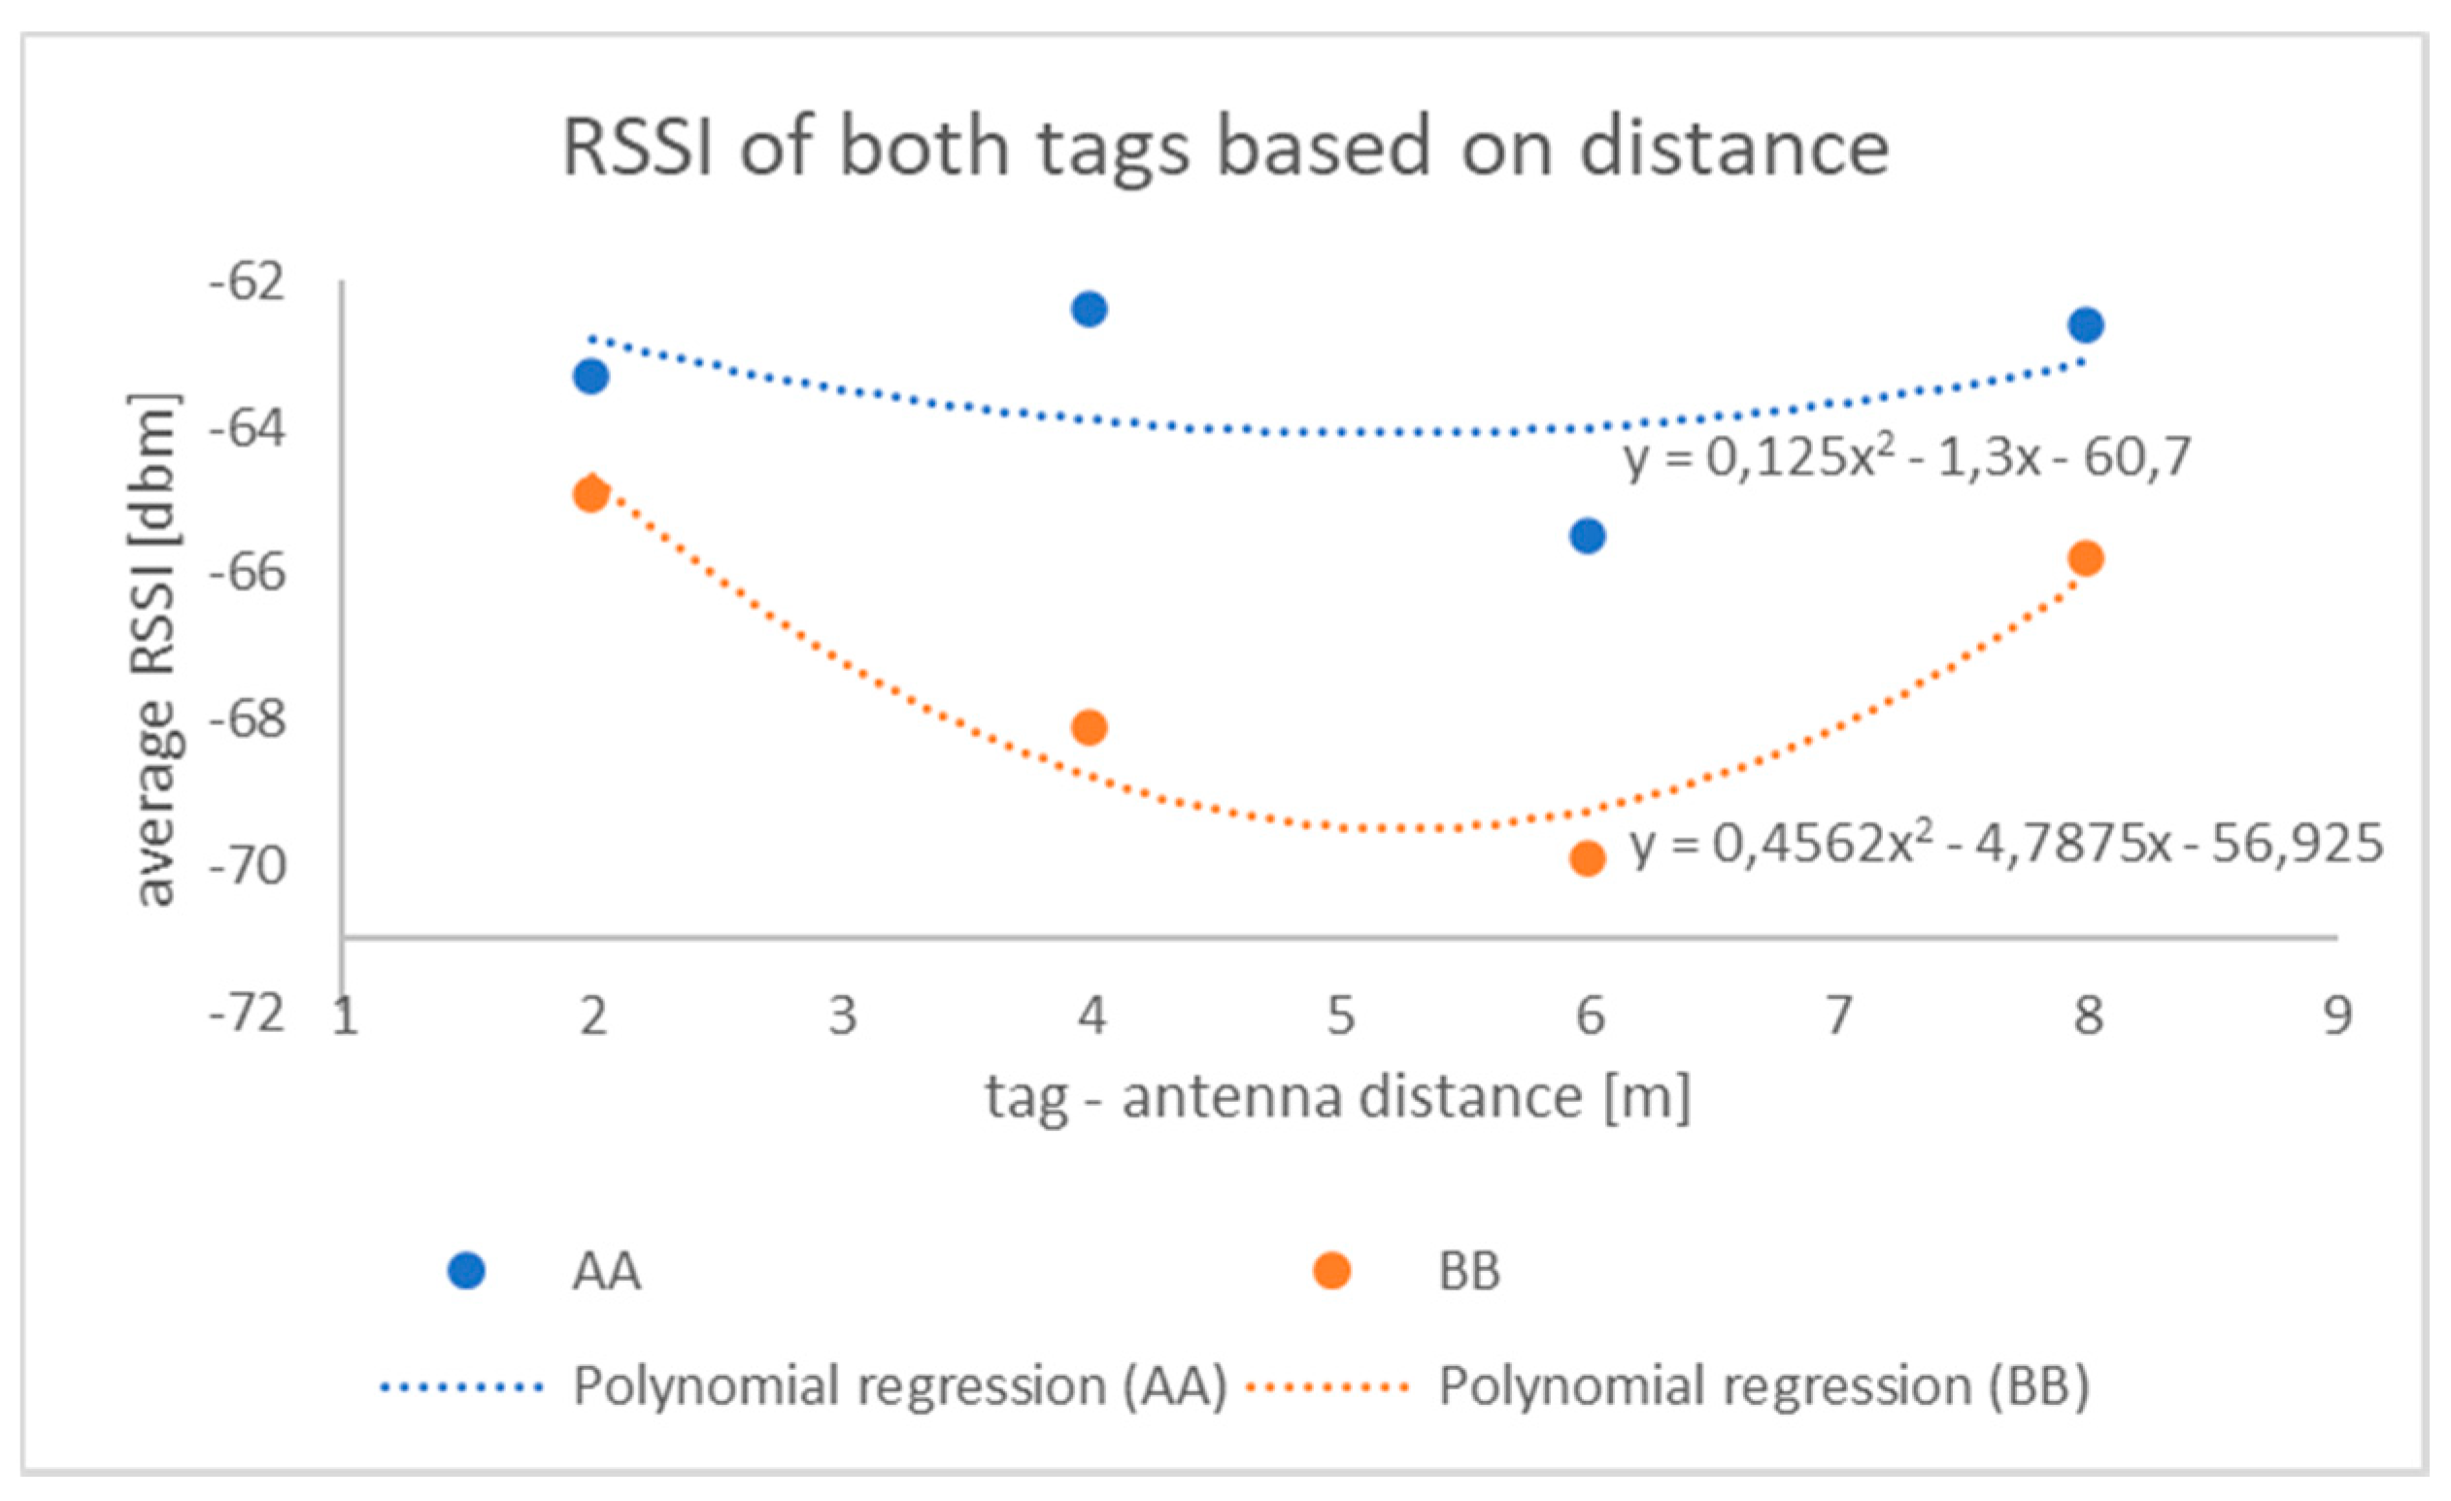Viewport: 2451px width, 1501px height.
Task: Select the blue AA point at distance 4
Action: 1090,310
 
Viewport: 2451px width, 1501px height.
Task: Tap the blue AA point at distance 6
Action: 1588,536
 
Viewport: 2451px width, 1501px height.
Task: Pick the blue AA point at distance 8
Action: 2086,325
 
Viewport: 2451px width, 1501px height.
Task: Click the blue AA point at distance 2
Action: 590,376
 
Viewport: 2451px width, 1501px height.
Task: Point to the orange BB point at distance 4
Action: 1090,728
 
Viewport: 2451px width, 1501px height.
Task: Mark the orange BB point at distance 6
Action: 1588,857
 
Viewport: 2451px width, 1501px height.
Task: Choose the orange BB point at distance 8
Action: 2086,558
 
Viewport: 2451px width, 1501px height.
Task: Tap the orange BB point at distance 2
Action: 590,493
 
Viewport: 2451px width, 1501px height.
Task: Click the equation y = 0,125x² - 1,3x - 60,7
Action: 1907,458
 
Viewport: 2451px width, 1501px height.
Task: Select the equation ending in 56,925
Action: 2006,844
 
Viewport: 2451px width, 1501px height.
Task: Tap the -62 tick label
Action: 247,283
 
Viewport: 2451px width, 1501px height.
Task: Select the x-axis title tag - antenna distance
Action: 1338,1098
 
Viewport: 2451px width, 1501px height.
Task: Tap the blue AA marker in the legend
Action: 465,1271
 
